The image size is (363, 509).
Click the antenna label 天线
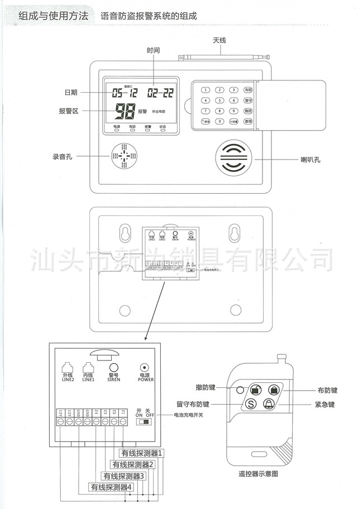click(219, 41)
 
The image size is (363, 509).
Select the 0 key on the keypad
click(220, 121)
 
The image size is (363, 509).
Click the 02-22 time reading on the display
click(160, 93)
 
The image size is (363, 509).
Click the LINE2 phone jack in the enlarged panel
click(68, 368)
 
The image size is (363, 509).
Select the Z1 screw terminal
click(123, 422)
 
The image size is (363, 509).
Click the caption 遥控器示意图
click(258, 473)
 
